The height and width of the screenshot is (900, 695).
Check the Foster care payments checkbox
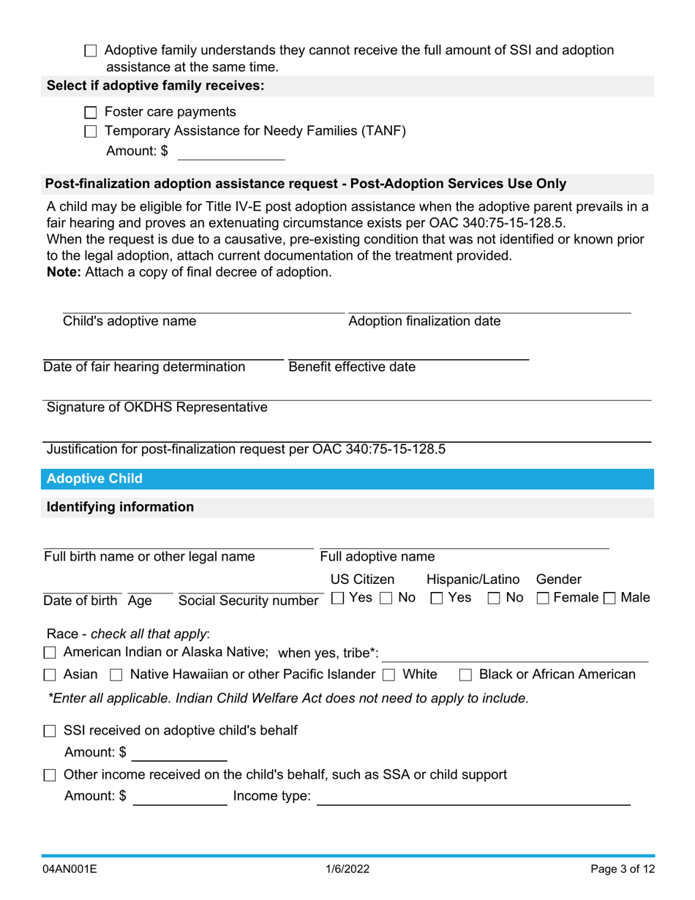(x=91, y=113)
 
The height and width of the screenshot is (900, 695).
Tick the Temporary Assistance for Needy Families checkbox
(x=91, y=132)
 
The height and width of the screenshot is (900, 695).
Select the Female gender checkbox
(x=544, y=599)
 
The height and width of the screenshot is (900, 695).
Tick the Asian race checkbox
(x=50, y=675)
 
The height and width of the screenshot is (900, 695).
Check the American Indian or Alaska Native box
(x=50, y=653)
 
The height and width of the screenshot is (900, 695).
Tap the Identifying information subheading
(x=121, y=507)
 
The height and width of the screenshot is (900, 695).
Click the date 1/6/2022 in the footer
(x=347, y=870)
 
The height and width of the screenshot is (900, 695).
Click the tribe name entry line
(x=516, y=653)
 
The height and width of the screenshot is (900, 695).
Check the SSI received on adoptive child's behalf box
(x=50, y=731)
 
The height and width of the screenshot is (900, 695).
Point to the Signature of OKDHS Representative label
(x=157, y=408)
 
